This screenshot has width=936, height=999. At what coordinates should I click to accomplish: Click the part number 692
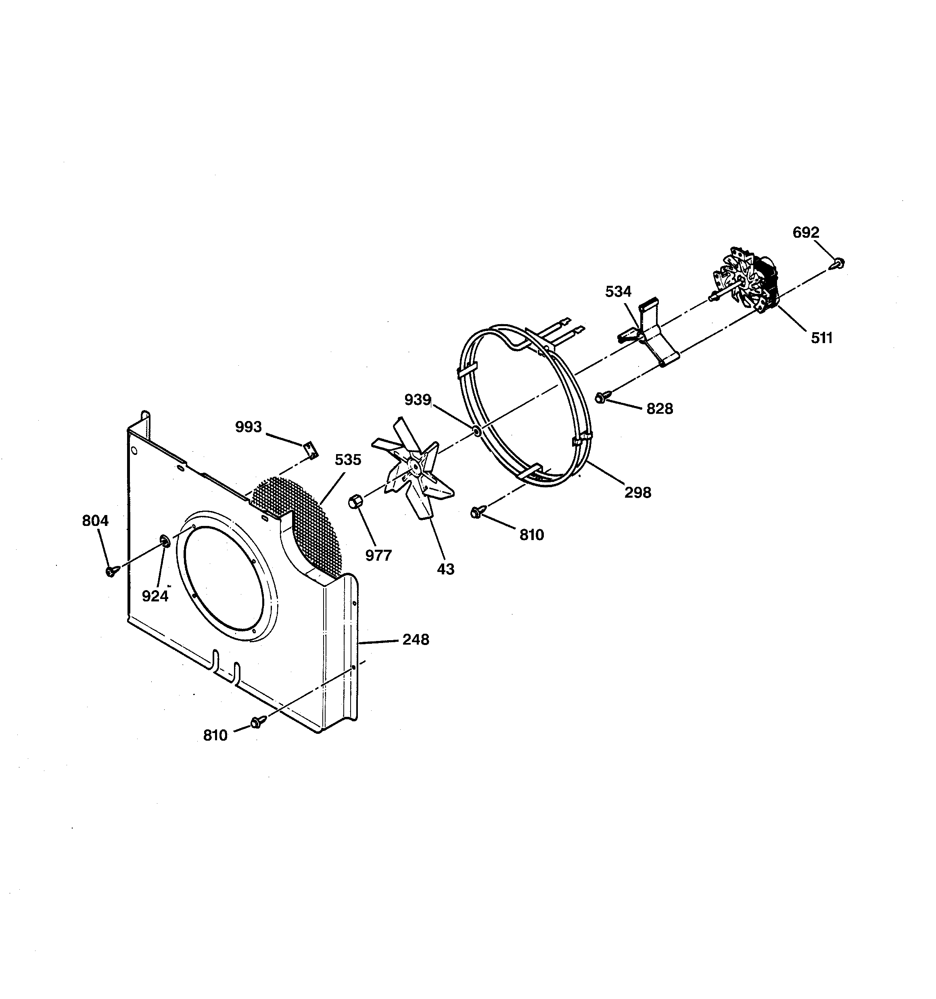coord(805,232)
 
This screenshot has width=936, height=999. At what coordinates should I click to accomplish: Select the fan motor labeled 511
coord(746,281)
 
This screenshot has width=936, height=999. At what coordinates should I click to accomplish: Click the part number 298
coord(637,492)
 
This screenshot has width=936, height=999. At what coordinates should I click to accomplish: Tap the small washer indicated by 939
coord(476,431)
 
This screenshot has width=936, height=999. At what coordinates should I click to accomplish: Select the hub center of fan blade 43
coord(415,467)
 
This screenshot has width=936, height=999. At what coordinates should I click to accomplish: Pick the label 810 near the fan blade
coord(532,535)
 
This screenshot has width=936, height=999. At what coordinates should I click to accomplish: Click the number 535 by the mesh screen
coord(348,460)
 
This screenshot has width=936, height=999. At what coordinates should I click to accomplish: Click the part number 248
coord(416,640)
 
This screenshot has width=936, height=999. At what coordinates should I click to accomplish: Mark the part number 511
coord(821,338)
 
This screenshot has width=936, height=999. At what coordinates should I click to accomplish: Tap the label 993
coord(248,427)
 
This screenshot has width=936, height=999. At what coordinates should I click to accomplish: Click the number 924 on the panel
coord(155,596)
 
